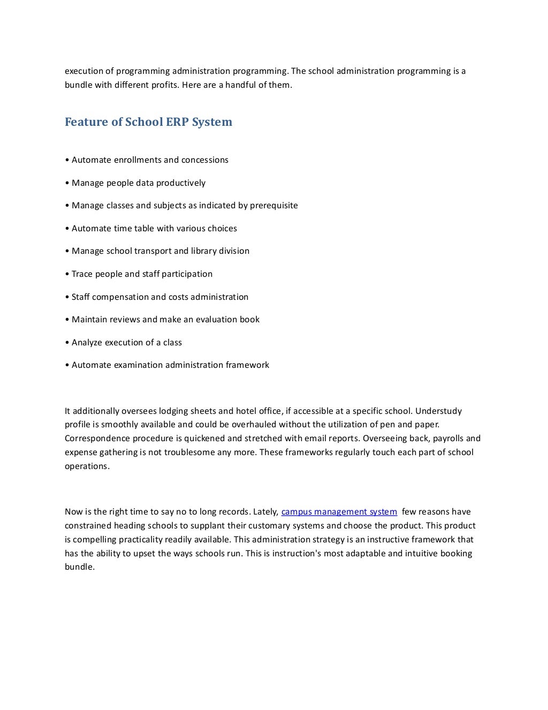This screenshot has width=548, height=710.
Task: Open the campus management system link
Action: click(339, 512)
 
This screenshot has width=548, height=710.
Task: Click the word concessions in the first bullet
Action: click(205, 160)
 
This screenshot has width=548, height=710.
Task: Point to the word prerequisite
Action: click(274, 206)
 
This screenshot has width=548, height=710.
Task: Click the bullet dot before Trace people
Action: click(67, 274)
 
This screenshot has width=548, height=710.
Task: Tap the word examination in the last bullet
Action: click(138, 365)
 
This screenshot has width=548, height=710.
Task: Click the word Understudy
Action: click(438, 411)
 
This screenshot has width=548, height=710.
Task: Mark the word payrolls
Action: click(448, 439)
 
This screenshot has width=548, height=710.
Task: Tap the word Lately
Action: click(265, 512)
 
